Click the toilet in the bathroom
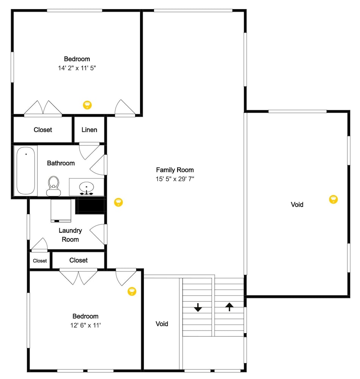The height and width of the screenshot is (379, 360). tap(54, 186)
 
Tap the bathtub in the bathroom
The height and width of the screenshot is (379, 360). tap(26, 171)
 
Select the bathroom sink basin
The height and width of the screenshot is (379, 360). tap(86, 187)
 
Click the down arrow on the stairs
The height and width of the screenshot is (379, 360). tap(198, 307)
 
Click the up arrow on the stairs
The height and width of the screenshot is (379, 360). tap(229, 307)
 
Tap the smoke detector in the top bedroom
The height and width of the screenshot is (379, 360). tap(87, 105)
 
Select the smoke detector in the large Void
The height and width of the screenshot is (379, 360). tap(334, 199)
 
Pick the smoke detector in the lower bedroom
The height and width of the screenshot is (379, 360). tap(132, 291)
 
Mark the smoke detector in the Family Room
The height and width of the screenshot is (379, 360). tap(118, 202)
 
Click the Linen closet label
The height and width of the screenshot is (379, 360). tap(89, 130)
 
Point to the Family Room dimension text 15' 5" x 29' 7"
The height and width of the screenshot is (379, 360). tap(175, 179)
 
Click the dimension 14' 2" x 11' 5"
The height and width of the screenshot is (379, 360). tap(77, 68)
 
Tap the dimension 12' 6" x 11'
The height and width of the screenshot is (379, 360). tap(86, 325)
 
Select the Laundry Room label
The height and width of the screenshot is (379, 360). tap(70, 235)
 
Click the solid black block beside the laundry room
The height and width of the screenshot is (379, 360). tap(90, 205)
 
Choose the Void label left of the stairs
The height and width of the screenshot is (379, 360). tap(162, 324)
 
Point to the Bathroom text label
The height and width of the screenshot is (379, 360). tap(61, 163)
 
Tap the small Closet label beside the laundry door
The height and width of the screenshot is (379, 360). tap(40, 261)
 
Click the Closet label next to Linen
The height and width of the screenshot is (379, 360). tap(43, 130)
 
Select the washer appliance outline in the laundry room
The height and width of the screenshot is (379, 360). tap(61, 210)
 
